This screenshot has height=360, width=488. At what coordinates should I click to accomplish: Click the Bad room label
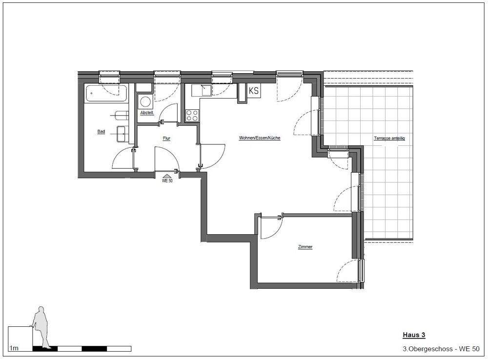coord(101,132)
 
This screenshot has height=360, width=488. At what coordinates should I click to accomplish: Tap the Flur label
coord(166,139)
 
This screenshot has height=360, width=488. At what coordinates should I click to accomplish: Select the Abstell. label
coord(147,113)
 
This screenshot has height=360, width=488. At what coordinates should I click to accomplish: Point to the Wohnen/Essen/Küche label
coord(260,138)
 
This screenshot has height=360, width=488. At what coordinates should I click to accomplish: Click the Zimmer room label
coord(305,247)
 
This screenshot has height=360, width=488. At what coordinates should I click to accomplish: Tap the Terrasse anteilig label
coord(389,139)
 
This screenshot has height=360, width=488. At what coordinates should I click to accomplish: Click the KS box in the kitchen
coord(254,91)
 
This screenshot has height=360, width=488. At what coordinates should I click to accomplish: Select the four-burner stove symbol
coord(192,116)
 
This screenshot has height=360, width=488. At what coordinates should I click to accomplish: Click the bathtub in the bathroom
coord(106,93)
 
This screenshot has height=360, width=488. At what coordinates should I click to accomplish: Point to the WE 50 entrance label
coord(167,181)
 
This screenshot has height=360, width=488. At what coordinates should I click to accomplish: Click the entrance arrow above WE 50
coord(167,176)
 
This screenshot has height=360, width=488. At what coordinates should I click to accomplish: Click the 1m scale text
coord(14,348)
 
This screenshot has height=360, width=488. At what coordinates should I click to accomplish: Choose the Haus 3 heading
coord(414,335)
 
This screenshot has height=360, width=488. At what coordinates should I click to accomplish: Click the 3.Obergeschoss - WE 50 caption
coord(441,349)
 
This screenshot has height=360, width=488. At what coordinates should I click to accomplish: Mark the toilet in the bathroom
coord(122,116)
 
